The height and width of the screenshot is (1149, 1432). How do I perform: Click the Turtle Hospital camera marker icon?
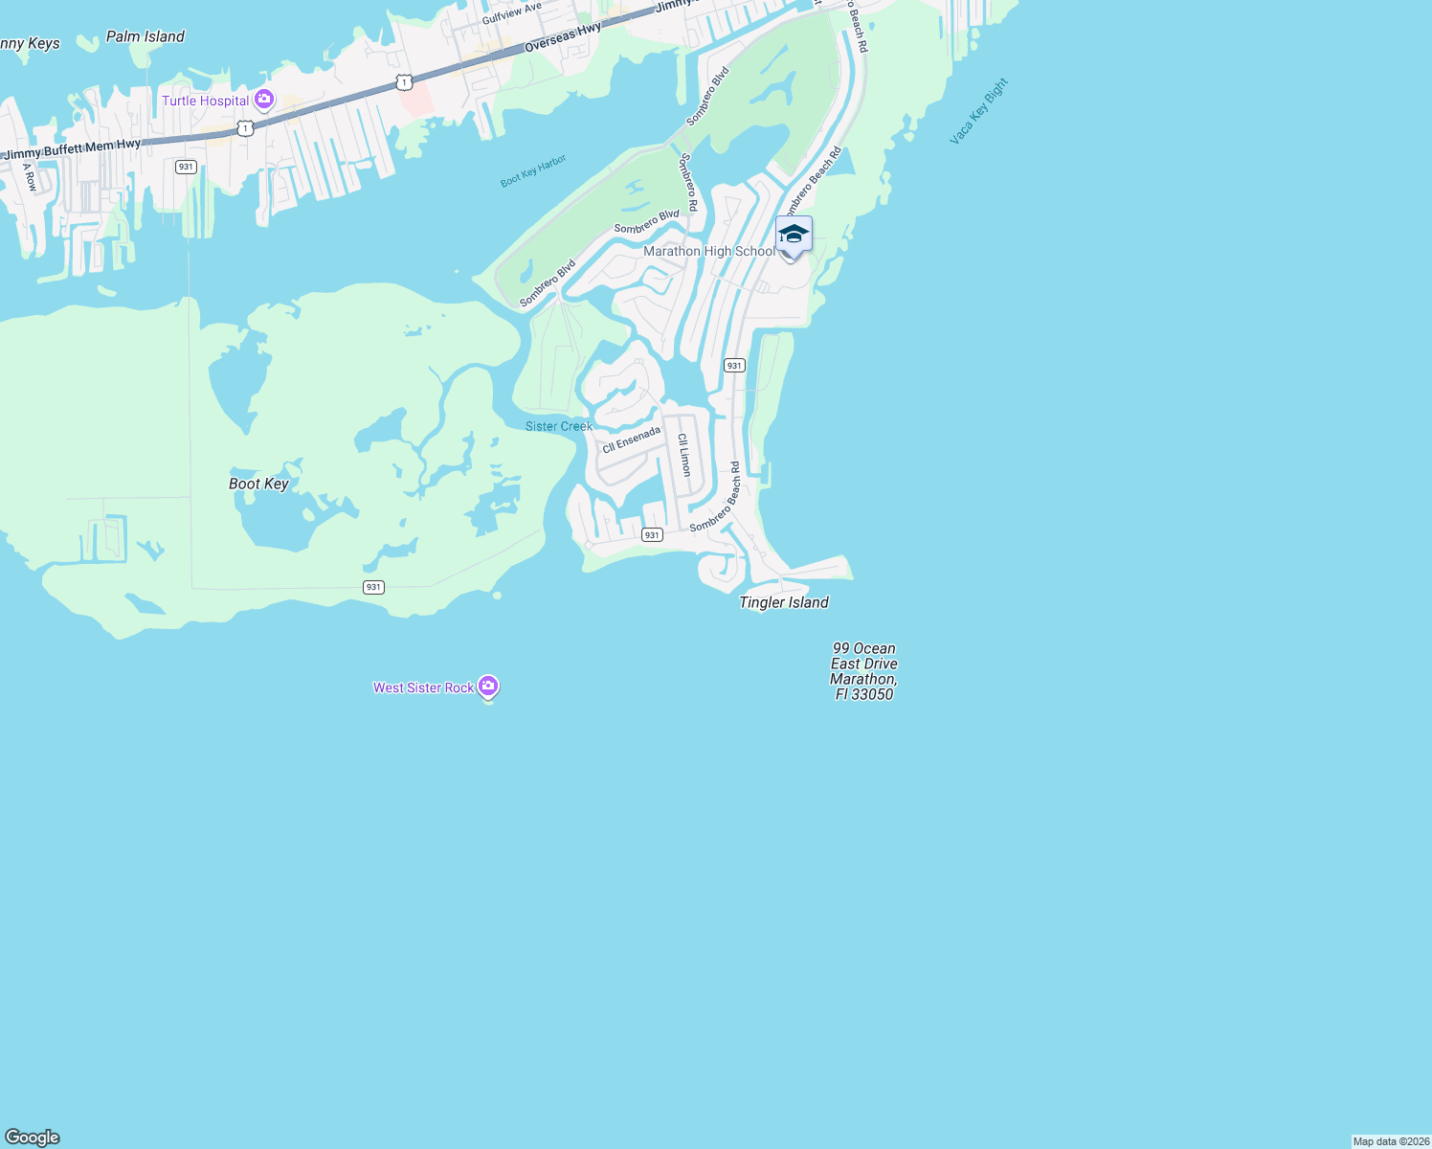click(x=264, y=100)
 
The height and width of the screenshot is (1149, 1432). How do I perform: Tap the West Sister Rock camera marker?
click(x=488, y=686)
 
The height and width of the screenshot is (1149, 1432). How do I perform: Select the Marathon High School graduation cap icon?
click(x=794, y=234)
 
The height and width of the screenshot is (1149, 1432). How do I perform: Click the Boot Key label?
click(x=258, y=484)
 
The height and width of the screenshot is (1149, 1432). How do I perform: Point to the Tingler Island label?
click(x=784, y=602)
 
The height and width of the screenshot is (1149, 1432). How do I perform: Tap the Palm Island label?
click(x=145, y=36)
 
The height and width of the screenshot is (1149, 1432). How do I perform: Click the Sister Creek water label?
click(x=559, y=426)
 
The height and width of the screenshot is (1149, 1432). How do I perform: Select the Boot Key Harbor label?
click(x=533, y=171)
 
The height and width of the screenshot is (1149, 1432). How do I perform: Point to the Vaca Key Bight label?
click(x=978, y=112)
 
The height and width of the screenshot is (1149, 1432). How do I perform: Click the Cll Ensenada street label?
click(x=632, y=439)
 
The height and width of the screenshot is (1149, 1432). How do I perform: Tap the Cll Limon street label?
click(x=684, y=455)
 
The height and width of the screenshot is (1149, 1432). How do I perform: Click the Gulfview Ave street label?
click(x=512, y=13)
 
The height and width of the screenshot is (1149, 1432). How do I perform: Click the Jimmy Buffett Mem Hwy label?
click(x=73, y=149)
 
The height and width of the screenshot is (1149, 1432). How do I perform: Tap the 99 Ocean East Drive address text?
click(x=863, y=671)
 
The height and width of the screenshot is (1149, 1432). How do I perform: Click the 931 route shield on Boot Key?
click(x=373, y=587)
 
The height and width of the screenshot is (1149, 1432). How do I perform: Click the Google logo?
click(x=33, y=1137)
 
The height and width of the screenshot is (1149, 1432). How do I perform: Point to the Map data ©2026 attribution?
click(x=1391, y=1141)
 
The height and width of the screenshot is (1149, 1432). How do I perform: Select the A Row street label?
click(x=30, y=177)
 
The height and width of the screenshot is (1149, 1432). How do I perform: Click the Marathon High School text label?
click(x=708, y=251)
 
